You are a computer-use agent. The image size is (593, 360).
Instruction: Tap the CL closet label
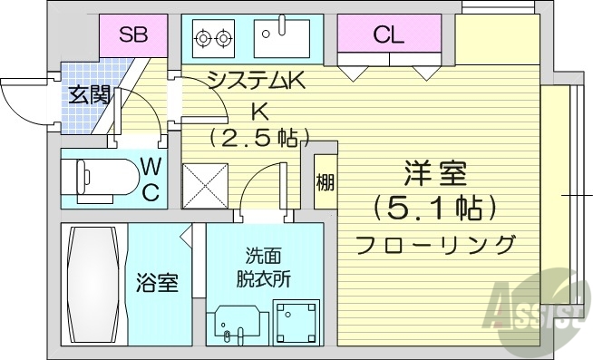388,36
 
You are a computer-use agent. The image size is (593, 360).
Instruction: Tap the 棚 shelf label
325,182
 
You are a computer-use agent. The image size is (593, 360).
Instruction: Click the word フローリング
436,245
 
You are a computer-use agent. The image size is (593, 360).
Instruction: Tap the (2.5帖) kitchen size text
259,139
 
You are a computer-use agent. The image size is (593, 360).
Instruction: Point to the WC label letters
151,179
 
